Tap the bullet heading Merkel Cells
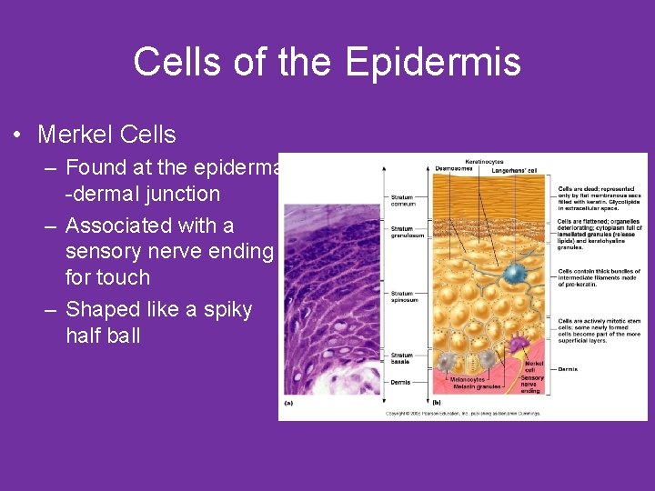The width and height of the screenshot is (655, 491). coord(106,135)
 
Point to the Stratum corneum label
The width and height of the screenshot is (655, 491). coord(402,200)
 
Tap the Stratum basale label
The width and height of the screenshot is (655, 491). coord(401,358)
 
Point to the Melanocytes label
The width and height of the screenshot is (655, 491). coord(467,380)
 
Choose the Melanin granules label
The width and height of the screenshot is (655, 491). coord(474,387)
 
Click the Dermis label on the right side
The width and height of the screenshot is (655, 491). coord(568,369)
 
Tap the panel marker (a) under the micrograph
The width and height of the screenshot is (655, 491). coord(288,402)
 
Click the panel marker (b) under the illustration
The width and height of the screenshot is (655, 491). coord(436,402)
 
